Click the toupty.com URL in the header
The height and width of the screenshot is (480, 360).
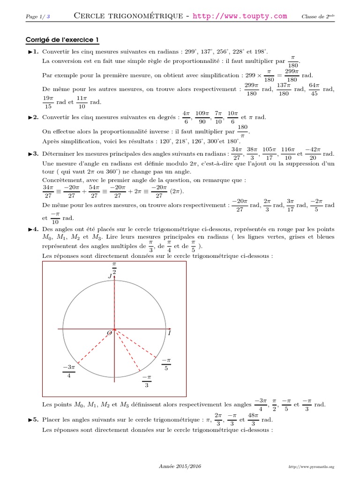tap(240, 16)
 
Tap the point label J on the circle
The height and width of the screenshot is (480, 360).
tap(110, 277)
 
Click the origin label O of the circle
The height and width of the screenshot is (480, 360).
tap(110, 332)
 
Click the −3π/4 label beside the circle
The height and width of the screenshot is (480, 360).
tap(68, 371)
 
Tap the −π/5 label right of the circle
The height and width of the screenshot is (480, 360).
tap(166, 364)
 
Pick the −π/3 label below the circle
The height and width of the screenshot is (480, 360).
tap(147, 381)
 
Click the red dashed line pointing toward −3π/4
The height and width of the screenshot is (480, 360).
tap(96, 346)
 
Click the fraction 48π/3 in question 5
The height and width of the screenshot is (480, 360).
tap(253, 420)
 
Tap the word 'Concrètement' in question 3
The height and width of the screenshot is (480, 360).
tap(63, 180)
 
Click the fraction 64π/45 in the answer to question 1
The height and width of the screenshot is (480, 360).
tap(314, 89)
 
